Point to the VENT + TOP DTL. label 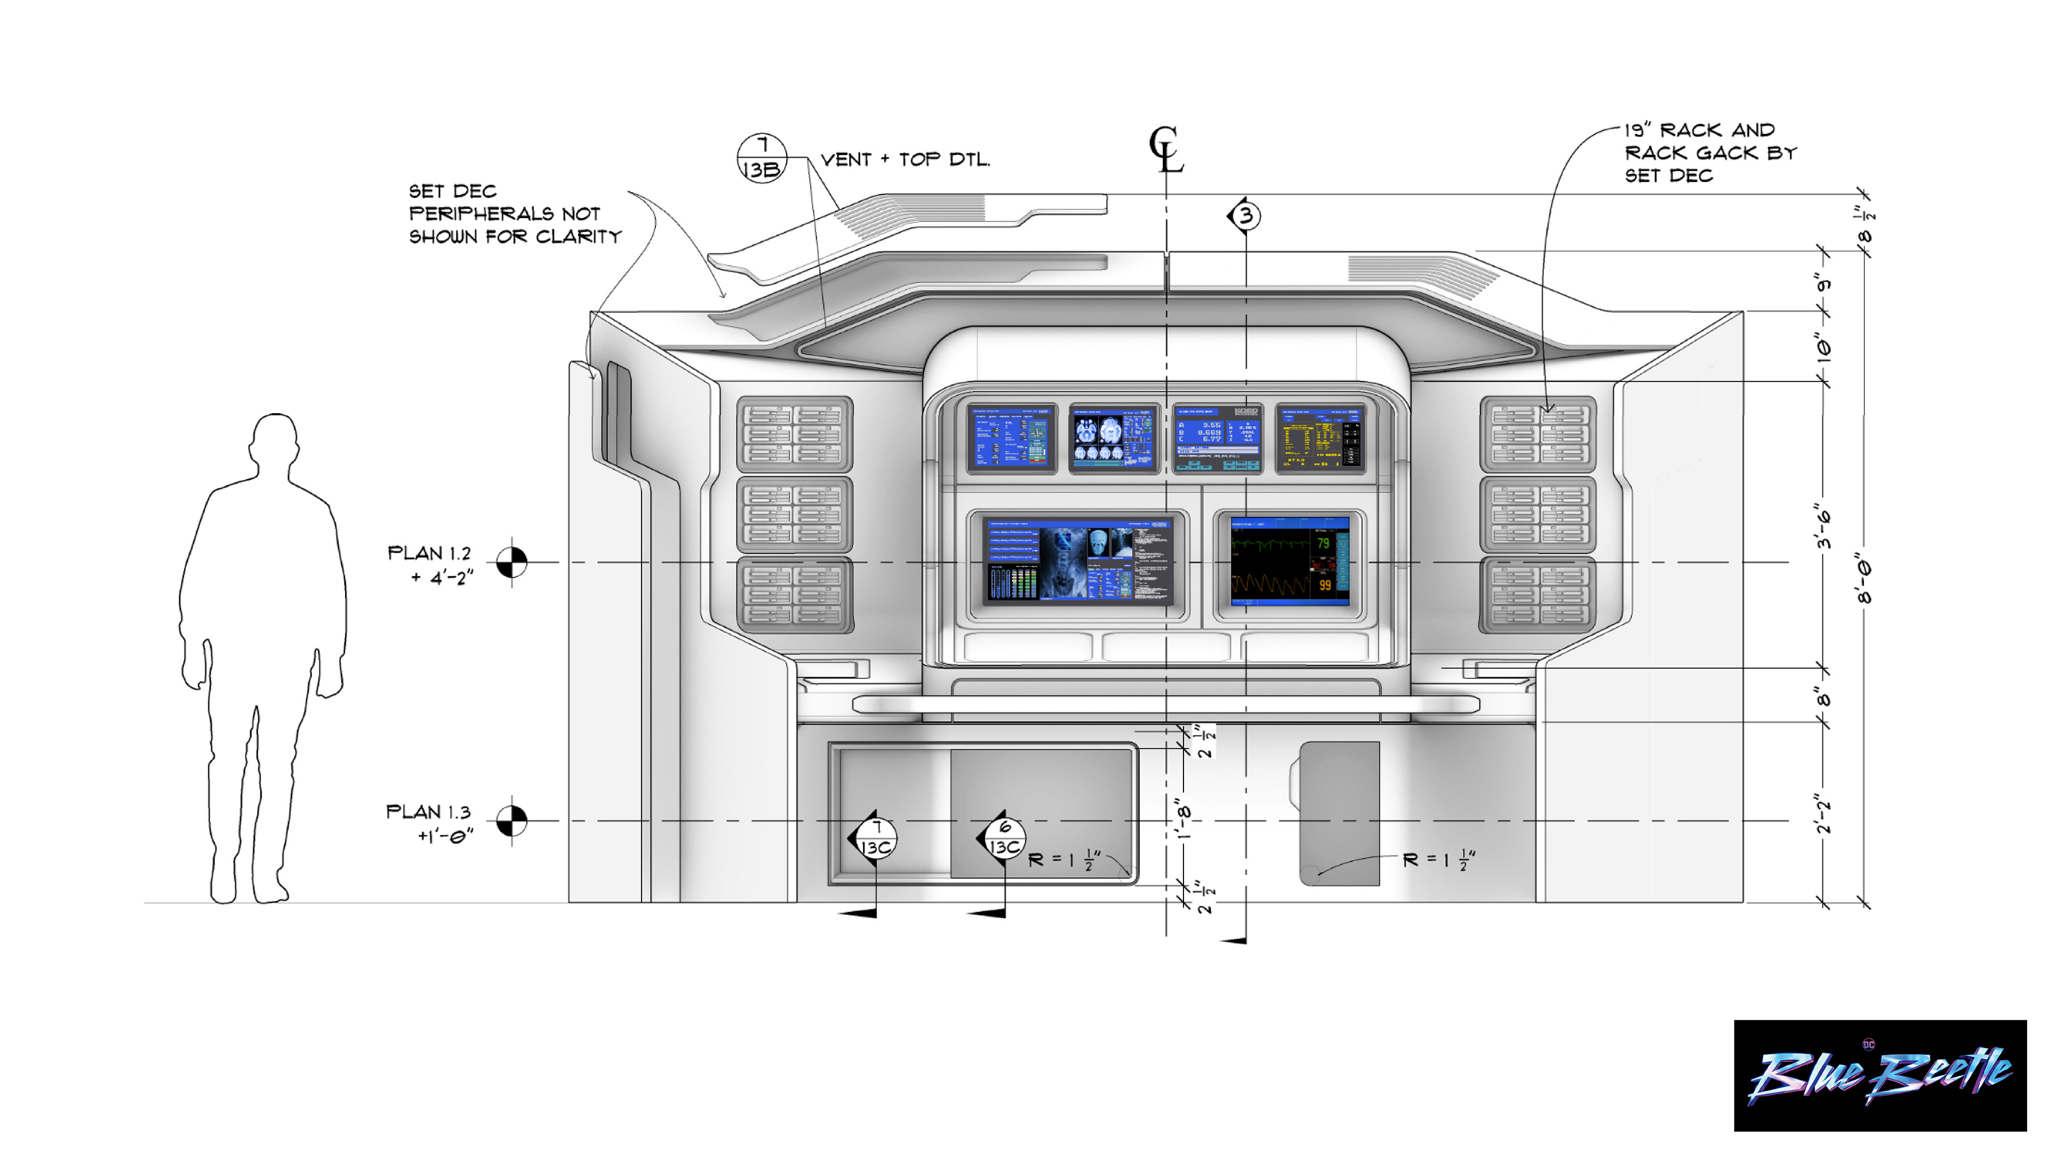point(905,160)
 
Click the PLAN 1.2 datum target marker point(511,562)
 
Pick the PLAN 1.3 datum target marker point(511,820)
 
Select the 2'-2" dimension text point(1823,812)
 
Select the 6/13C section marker point(1003,837)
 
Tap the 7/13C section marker point(875,838)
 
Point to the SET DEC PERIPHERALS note point(514,214)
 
